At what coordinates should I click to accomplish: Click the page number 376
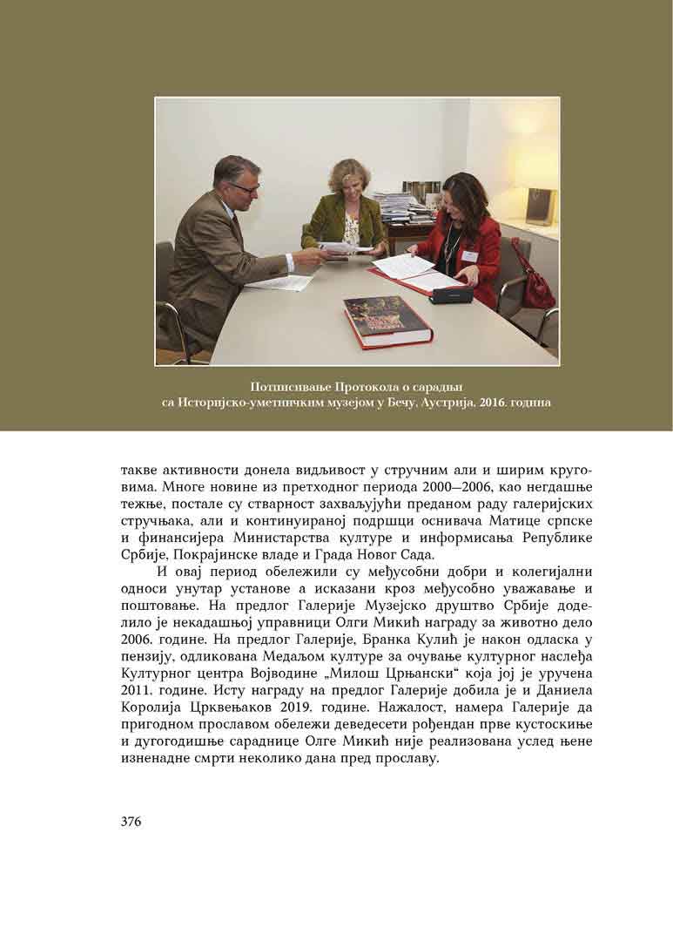(x=131, y=821)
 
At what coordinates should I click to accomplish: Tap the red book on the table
(x=387, y=320)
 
